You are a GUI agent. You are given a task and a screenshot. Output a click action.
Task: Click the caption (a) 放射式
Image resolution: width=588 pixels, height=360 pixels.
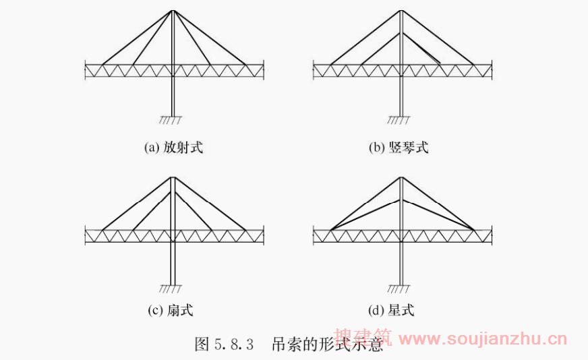[173, 148]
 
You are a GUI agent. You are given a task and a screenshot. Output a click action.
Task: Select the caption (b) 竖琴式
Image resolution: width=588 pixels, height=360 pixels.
[399, 148]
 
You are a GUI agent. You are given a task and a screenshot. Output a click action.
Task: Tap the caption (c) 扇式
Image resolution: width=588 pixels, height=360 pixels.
[171, 310]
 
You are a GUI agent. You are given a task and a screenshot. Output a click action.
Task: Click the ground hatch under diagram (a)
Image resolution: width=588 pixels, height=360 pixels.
[171, 121]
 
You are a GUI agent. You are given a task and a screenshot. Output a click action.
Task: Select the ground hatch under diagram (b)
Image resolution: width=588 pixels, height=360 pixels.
[399, 121]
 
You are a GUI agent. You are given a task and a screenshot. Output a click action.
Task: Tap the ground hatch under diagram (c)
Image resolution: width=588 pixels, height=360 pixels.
[171, 289]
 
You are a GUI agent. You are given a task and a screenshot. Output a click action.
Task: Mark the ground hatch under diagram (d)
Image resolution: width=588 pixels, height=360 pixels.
[400, 289]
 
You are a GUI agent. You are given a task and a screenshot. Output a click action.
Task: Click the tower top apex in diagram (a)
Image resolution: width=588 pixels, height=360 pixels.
[173, 11]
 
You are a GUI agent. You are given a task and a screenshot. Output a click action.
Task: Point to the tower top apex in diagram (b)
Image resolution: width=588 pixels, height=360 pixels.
[401, 11]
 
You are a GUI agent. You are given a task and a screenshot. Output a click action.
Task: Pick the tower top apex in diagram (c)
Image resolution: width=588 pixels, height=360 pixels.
[173, 177]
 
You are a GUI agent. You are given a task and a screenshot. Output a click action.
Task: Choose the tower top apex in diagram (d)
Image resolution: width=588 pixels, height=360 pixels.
[402, 177]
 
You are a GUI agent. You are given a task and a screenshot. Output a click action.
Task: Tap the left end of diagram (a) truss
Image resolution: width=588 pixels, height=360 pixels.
[86, 69]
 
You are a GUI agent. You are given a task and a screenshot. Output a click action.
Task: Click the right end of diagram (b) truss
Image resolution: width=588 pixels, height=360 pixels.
[491, 69]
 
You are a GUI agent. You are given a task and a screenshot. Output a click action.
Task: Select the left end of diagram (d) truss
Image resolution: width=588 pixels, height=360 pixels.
[315, 235]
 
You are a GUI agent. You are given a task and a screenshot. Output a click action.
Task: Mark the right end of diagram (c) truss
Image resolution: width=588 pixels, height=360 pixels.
[263, 235]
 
